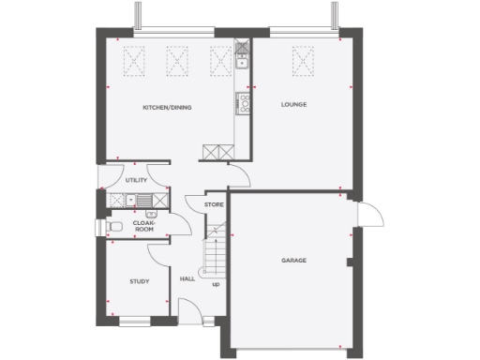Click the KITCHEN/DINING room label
(167, 108)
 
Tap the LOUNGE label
(294, 104)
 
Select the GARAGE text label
(293, 260)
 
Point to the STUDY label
(140, 280)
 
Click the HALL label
(187, 278)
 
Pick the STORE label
(215, 203)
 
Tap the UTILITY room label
(137, 178)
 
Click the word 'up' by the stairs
(216, 284)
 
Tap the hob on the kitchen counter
(244, 103)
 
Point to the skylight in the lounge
(301, 62)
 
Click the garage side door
(365, 217)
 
